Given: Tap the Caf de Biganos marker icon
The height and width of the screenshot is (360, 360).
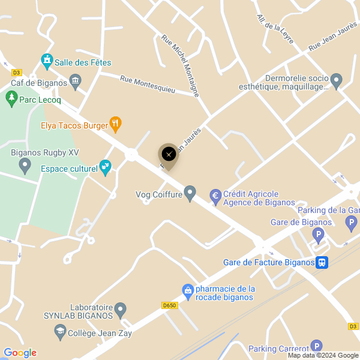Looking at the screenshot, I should [76, 80].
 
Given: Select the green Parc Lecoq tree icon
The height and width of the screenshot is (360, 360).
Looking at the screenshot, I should [11, 97].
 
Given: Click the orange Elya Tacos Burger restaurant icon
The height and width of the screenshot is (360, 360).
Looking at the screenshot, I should [116, 124].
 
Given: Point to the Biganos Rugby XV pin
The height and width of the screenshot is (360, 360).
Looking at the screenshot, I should [25, 164].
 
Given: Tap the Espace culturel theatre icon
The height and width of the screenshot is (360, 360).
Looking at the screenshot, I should [106, 167].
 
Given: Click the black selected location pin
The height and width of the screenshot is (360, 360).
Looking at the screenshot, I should [169, 155].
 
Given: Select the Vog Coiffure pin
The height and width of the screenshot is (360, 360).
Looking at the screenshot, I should [190, 193].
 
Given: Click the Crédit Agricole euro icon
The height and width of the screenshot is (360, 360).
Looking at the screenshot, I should [215, 196].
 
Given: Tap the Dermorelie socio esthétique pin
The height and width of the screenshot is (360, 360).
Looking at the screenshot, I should [337, 80].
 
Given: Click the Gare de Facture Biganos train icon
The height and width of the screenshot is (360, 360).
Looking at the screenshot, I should [322, 262].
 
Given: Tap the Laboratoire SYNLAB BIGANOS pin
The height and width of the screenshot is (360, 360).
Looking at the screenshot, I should [121, 310].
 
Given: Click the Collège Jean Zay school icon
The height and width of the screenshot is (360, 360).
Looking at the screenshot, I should [60, 332].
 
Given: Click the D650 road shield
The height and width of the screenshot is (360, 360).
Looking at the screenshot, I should [170, 305].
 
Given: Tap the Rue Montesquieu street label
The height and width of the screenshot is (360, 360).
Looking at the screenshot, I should [147, 84].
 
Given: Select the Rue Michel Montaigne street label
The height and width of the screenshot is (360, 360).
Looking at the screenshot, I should [180, 65].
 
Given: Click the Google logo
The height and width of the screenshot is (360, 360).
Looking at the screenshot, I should [20, 353].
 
